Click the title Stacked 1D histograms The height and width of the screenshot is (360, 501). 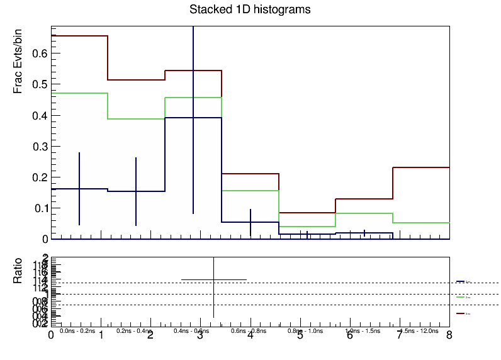pos(250,10)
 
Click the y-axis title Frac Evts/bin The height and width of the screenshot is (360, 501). pos(20,63)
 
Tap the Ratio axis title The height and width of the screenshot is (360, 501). pos(20,271)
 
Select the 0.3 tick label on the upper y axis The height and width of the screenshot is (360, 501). pos(40,146)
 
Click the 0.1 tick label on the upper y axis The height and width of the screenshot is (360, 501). pos(40,208)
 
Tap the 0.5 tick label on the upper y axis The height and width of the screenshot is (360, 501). pos(40,84)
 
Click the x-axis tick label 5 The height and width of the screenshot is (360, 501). pos(300,336)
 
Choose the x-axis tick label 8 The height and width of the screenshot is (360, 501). pos(449,336)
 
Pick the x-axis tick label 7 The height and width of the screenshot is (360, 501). pos(399,336)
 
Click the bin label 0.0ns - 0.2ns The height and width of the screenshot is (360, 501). pos(77,330)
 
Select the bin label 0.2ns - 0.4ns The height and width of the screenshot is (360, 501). pos(134,330)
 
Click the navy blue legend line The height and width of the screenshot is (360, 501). pos(460,281)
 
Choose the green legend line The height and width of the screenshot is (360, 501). pos(460,296)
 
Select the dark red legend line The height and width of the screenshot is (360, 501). pos(460,312)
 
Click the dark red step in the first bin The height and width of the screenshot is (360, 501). pos(79,36)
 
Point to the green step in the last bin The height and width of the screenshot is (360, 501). pos(420,223)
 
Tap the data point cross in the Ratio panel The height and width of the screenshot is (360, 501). pos(214,279)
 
